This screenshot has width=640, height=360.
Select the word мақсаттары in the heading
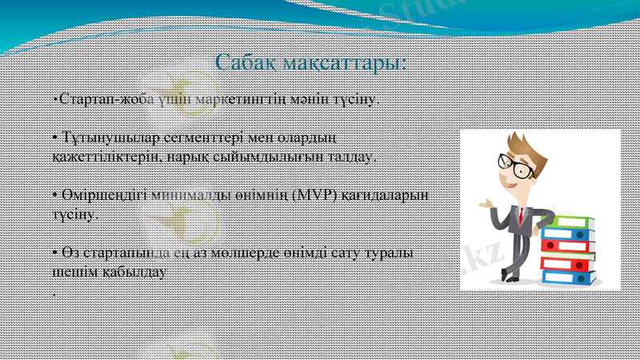tap(349, 62)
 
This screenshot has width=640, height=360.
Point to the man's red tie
tap(521, 217)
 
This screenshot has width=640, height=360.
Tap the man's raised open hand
tap(484, 205)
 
